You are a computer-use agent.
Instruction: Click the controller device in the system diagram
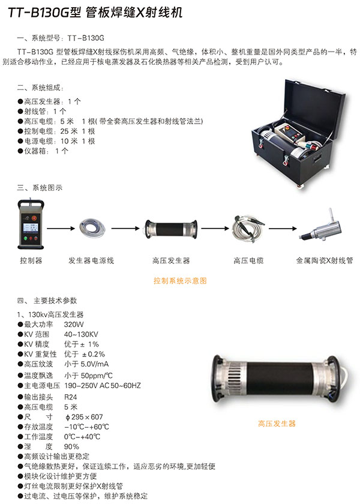31,224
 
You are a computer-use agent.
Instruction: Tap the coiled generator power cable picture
92,228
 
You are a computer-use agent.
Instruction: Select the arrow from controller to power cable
61,229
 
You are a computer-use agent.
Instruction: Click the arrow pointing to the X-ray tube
283,229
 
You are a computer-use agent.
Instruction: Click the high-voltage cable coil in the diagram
248,228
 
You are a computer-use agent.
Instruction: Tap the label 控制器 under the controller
31,260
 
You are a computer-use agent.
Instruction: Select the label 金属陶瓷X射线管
325,260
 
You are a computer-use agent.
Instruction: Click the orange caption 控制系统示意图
180,281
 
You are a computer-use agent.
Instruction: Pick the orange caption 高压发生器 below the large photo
277,424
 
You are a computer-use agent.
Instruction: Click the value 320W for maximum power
74,325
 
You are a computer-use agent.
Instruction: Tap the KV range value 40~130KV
81,334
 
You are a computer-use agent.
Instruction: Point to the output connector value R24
70,397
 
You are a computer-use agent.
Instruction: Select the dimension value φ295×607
84,417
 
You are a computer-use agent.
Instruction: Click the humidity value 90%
71,446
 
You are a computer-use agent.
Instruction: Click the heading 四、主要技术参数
47,301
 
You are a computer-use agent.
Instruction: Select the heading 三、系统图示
40,188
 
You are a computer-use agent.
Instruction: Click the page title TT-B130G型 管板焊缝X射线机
95,13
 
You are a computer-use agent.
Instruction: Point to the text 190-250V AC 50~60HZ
103,385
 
